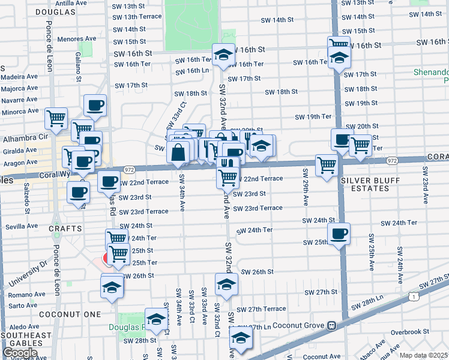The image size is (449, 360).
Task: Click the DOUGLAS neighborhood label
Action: (55, 12)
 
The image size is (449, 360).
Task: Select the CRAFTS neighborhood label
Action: (65, 229)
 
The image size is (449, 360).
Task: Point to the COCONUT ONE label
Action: (62, 314)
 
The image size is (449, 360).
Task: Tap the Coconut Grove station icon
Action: (330, 325)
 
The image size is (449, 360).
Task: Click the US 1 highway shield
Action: (413, 296)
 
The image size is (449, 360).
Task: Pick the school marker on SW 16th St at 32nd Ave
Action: (223, 55)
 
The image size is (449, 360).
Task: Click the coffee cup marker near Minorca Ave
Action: (95, 106)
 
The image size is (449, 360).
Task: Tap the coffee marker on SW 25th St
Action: (339, 234)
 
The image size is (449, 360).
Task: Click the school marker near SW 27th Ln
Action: (241, 338)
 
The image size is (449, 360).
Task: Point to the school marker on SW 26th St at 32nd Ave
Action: (226, 284)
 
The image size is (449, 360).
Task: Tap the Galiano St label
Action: (79, 62)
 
